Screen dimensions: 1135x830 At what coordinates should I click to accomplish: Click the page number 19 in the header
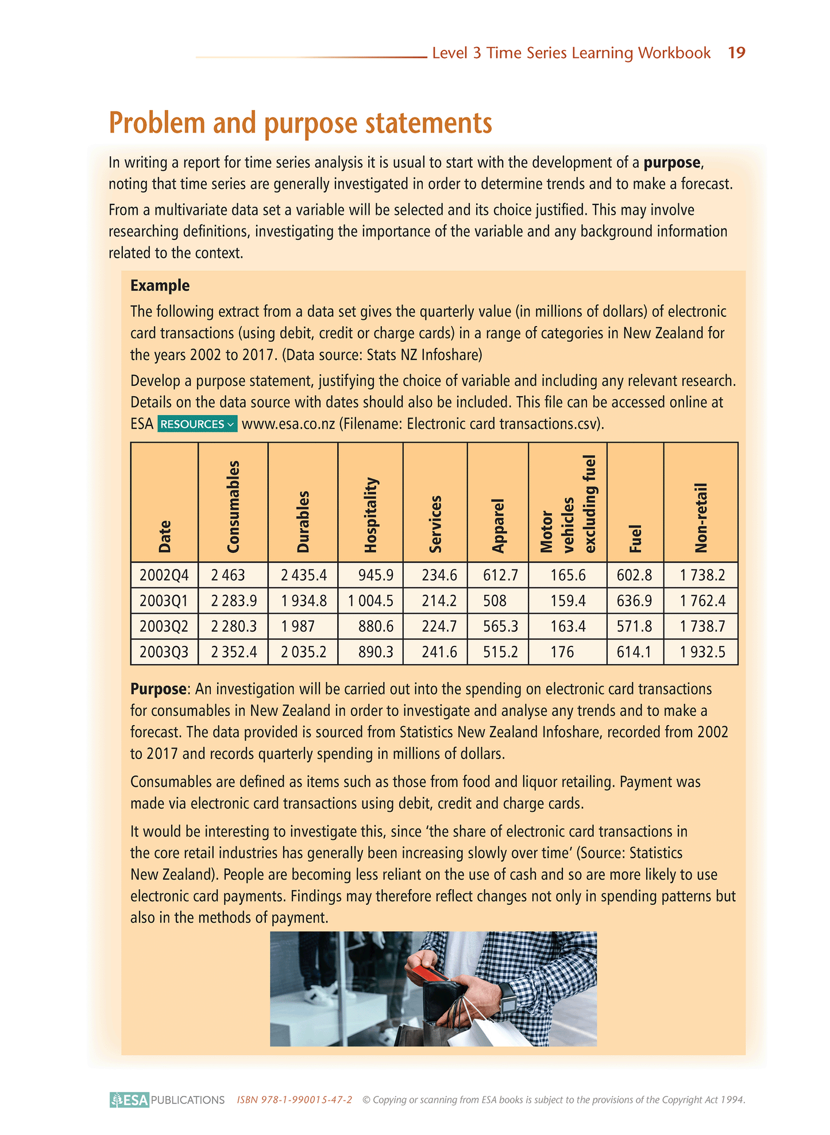tap(736, 53)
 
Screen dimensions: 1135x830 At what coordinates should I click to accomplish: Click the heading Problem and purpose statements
tap(300, 123)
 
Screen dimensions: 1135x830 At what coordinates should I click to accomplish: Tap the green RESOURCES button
tap(197, 424)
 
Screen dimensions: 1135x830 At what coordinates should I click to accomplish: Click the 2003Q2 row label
tap(164, 626)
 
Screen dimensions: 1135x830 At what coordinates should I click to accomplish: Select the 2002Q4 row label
tap(164, 575)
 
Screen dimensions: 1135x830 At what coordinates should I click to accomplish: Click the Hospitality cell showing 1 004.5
tap(370, 601)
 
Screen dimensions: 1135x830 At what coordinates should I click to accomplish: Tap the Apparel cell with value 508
tap(495, 601)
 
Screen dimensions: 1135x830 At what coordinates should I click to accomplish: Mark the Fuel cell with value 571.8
tap(634, 626)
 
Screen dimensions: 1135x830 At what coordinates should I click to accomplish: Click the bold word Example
tap(160, 285)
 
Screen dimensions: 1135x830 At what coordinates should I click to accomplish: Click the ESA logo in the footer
tap(130, 1100)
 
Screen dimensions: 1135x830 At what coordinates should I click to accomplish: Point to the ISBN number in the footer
tap(294, 1100)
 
